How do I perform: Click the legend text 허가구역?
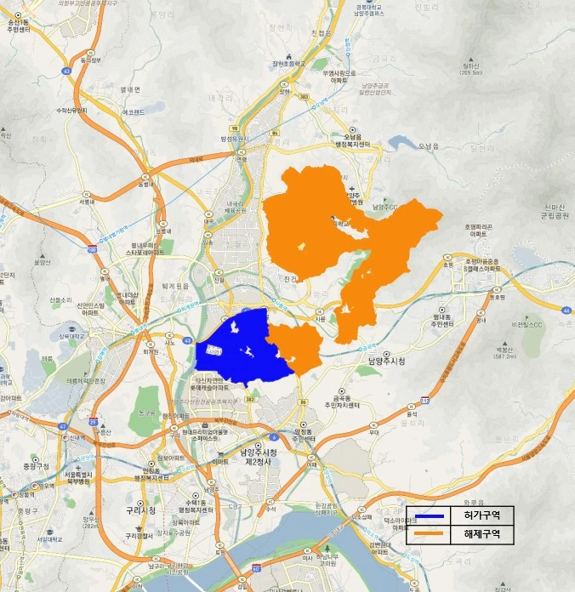click(482, 517)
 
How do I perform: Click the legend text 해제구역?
click(482, 535)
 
